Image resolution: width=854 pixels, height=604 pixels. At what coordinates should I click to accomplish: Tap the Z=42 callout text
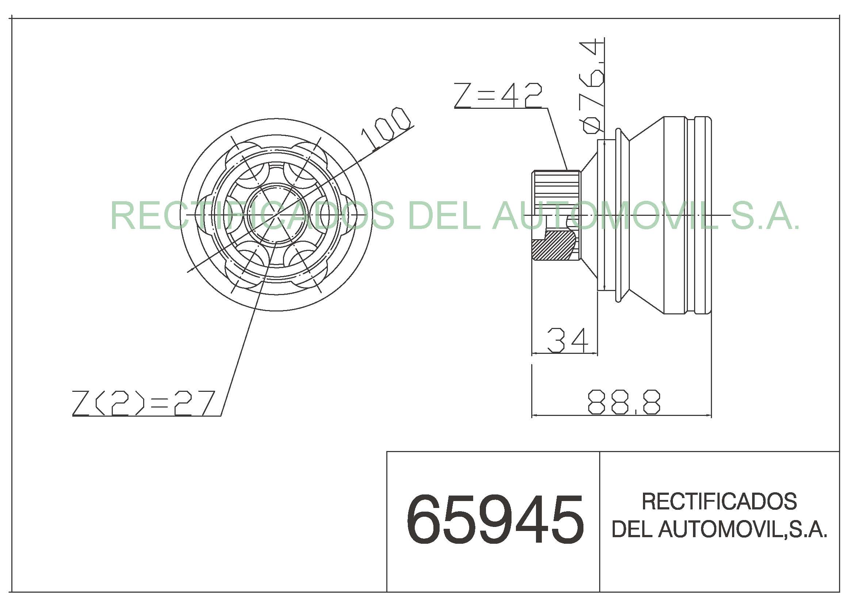pos(498,96)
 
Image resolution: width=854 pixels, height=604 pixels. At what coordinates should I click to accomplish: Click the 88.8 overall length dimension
pos(624,402)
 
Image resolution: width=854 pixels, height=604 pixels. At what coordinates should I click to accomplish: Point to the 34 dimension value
pos(568,340)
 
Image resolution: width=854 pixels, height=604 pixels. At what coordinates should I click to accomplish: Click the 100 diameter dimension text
pos(386,128)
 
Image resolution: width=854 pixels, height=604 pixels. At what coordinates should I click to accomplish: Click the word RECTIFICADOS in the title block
pos(719,501)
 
